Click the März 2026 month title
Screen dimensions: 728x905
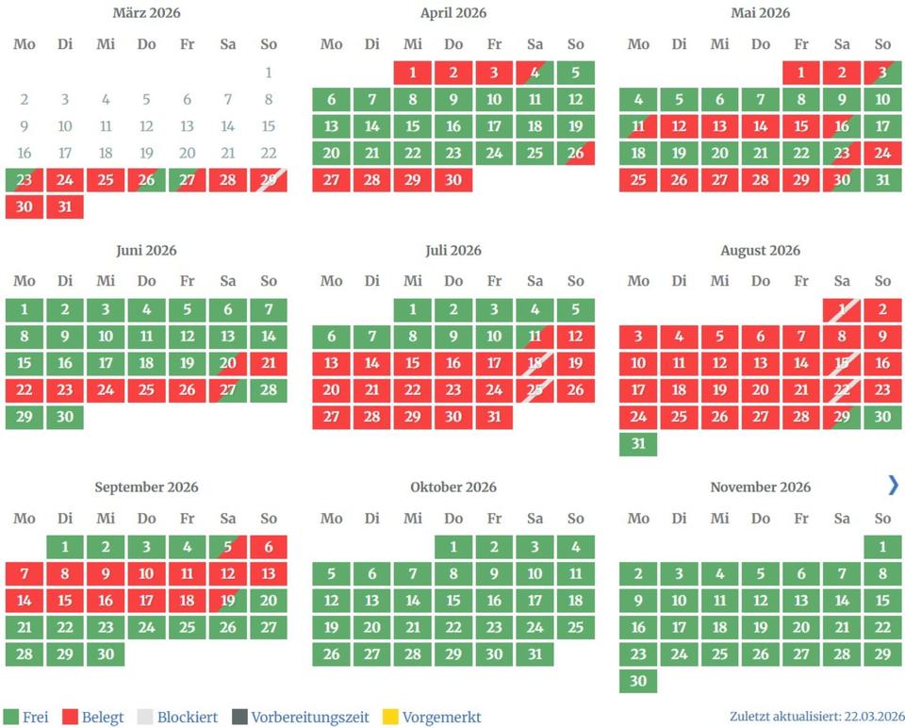coord(146,13)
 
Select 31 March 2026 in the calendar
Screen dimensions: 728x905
coord(65,207)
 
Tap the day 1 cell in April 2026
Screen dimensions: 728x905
coord(413,73)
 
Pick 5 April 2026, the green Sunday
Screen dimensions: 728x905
coord(576,73)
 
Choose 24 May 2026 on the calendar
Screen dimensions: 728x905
coord(882,153)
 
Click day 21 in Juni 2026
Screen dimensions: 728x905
coord(269,364)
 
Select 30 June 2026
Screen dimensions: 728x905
coord(65,417)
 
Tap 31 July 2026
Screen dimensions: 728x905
coord(494,417)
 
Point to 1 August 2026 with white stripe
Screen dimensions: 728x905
coord(842,310)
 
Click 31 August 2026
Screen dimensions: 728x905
coord(638,443)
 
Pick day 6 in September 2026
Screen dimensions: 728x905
coord(269,547)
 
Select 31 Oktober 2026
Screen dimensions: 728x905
coord(535,654)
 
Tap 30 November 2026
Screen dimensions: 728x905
coord(638,680)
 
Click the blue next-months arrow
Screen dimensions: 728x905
coord(893,485)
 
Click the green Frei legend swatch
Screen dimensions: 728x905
coord(11,718)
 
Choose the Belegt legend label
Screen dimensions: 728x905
coord(103,718)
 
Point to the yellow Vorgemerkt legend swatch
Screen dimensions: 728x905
coord(390,718)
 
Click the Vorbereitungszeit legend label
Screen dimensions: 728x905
coord(310,718)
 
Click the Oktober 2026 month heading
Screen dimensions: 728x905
coord(453,488)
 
